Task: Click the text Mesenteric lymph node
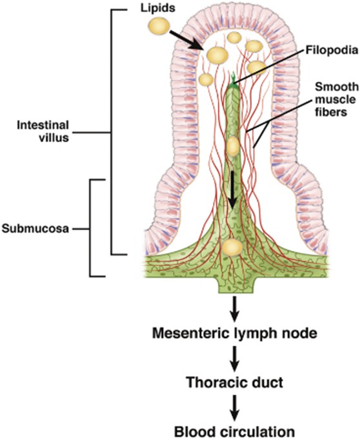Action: click(x=234, y=334)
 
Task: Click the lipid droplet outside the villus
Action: click(x=159, y=26)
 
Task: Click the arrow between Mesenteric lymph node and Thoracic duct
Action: click(x=234, y=357)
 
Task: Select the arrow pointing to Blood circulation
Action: click(x=234, y=405)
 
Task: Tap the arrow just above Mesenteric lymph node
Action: click(x=234, y=309)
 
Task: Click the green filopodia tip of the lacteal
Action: click(x=233, y=79)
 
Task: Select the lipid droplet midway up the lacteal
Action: click(x=233, y=146)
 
